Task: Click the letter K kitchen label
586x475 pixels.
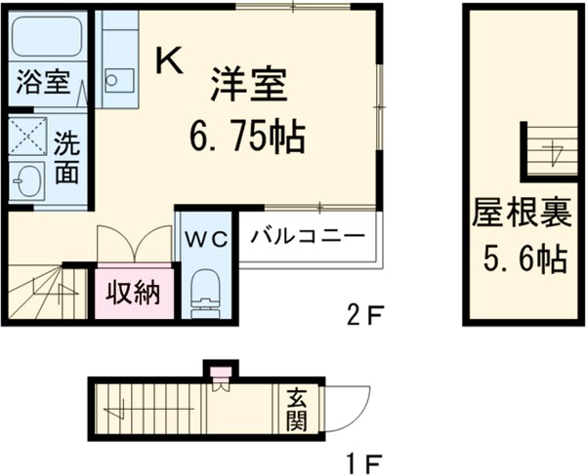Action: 169,61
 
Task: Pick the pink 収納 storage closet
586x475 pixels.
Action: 134,292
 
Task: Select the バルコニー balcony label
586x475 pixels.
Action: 309,236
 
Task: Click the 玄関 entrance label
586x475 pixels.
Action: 297,410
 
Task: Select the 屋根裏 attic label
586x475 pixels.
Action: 509,213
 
